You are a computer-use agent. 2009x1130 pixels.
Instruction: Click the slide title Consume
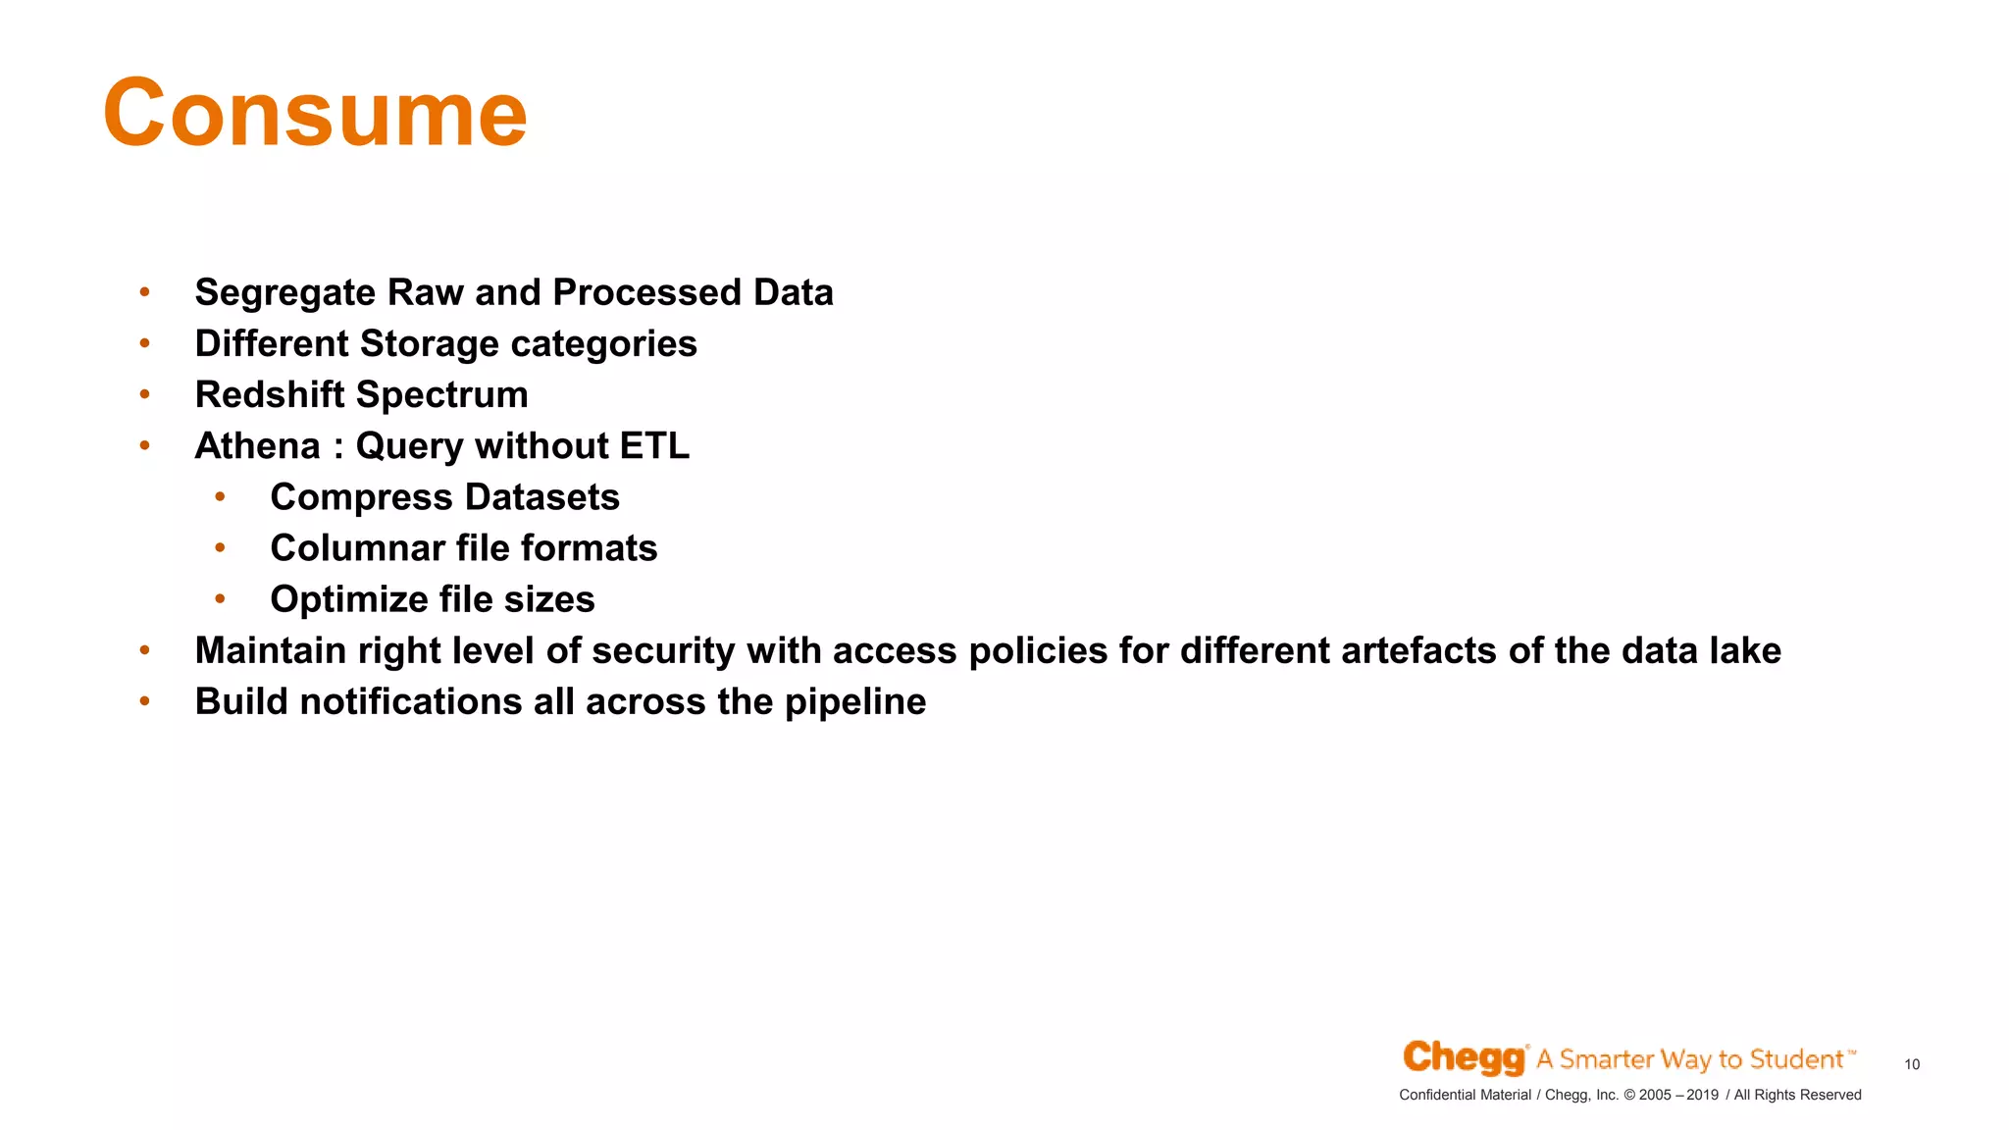click(x=315, y=114)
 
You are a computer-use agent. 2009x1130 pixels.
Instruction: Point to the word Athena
click(x=257, y=446)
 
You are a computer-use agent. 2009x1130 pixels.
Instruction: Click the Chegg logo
click(x=1464, y=1057)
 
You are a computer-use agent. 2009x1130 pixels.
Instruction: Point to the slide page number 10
click(x=1911, y=1064)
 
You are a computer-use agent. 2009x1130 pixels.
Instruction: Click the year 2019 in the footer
click(x=1702, y=1095)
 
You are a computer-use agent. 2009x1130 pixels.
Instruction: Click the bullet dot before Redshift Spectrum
click(x=144, y=394)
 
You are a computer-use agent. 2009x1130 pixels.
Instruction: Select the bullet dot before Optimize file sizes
click(x=220, y=598)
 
